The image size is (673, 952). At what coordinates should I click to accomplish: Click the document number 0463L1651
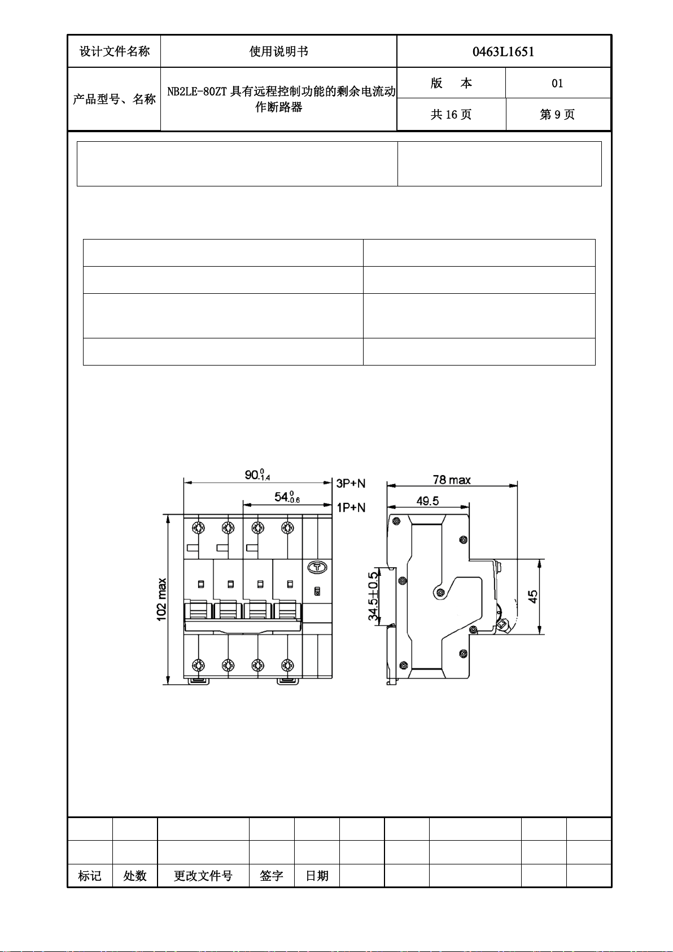(x=503, y=52)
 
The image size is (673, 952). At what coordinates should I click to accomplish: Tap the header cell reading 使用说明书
(x=278, y=51)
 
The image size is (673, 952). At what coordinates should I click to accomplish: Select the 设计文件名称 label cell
(x=114, y=51)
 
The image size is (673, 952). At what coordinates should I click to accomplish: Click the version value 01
(x=557, y=83)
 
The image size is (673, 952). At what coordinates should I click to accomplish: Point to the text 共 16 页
(x=451, y=114)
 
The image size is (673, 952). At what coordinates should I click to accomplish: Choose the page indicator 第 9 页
(x=557, y=114)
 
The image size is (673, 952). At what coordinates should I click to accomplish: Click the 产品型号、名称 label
(x=114, y=99)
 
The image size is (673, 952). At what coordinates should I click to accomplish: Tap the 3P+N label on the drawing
(x=351, y=483)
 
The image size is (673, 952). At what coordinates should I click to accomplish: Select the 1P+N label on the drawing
(x=351, y=507)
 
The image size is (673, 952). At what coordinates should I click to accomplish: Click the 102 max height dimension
(x=162, y=599)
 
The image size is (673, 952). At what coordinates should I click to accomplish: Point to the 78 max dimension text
(x=452, y=480)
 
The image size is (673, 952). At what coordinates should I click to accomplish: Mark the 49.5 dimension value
(x=427, y=501)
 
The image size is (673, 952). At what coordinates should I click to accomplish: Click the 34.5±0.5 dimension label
(x=373, y=596)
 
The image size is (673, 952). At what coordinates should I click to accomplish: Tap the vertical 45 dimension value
(x=533, y=597)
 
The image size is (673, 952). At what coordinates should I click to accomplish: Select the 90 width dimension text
(x=257, y=474)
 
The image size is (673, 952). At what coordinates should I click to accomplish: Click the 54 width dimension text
(x=287, y=497)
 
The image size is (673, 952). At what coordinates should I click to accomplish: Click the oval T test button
(x=317, y=567)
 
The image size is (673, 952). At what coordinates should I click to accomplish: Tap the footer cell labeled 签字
(x=272, y=872)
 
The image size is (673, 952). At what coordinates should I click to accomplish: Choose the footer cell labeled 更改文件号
(x=203, y=872)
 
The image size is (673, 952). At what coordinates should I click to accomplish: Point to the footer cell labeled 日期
(x=317, y=872)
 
